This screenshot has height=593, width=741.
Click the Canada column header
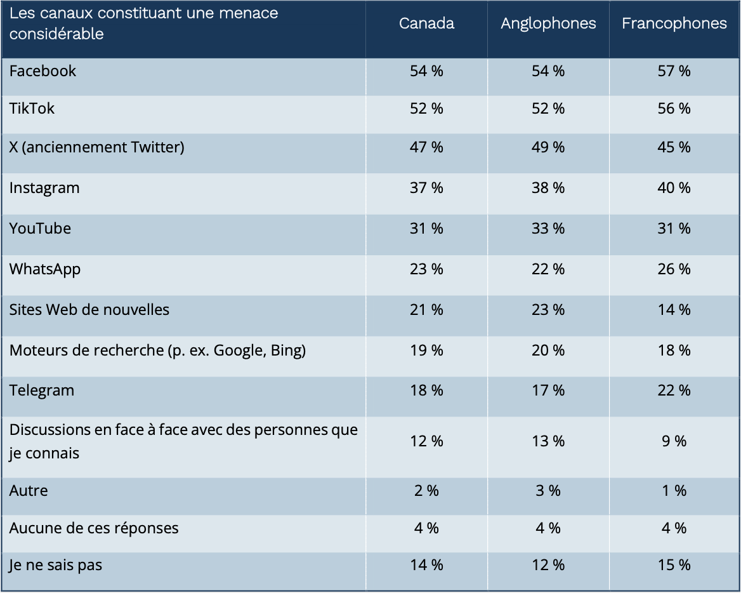click(x=426, y=23)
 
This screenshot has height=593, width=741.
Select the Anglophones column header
click(x=548, y=23)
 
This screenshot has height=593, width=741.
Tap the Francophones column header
click(x=674, y=23)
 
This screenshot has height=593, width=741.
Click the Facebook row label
click(x=43, y=71)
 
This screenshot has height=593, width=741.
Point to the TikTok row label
click(x=32, y=109)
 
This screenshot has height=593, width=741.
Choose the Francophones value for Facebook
click(x=674, y=71)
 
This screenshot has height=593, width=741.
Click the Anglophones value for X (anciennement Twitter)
click(x=548, y=147)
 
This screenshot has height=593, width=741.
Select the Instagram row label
click(x=44, y=188)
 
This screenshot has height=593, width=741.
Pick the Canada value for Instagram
click(x=426, y=188)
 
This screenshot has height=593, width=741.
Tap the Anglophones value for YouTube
click(x=548, y=229)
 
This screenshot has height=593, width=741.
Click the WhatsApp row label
click(x=45, y=269)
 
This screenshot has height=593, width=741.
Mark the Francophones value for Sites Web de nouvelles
click(x=674, y=310)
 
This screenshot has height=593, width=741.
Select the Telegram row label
click(x=42, y=390)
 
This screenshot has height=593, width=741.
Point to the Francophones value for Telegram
click(x=674, y=390)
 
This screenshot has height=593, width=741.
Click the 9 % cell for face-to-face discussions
click(x=674, y=441)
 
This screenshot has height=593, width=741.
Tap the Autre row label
click(x=29, y=491)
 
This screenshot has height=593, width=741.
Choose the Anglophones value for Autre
click(x=548, y=491)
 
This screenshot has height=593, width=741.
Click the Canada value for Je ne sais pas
click(x=426, y=565)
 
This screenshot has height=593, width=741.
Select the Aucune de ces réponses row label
click(x=94, y=528)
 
